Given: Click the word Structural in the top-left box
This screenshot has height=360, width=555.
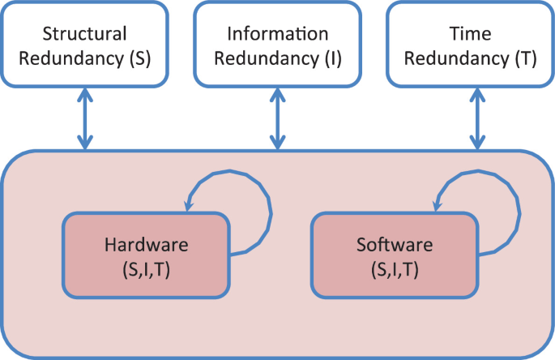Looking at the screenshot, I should (x=85, y=34).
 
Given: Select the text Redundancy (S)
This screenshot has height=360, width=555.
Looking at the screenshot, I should (x=85, y=59).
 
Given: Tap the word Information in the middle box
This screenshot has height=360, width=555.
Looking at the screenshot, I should (x=278, y=34).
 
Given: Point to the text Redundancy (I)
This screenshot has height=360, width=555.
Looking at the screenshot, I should (x=278, y=59).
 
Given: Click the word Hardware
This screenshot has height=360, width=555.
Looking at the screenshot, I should (x=147, y=245).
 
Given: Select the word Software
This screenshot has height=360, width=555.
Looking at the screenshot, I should (x=395, y=245).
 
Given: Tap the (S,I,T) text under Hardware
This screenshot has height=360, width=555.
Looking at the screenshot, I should (x=147, y=269).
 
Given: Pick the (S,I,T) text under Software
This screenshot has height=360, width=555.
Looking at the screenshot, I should (x=395, y=269).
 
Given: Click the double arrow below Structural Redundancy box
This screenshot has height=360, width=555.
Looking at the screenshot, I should (x=85, y=118).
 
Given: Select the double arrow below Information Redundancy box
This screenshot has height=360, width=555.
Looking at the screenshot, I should (x=278, y=118).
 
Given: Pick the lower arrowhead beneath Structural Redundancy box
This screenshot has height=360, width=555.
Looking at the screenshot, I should (x=85, y=144).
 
